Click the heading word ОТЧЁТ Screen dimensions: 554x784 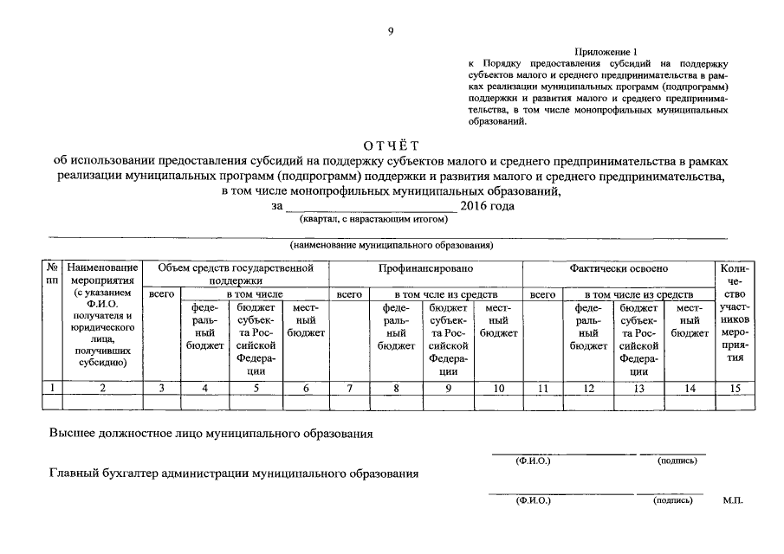[x=391, y=145]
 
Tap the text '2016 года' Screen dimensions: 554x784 [x=488, y=206]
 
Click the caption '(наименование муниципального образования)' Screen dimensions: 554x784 [x=392, y=246]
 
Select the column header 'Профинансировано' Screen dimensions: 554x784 [x=425, y=269]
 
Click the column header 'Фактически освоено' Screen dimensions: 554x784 [x=619, y=269]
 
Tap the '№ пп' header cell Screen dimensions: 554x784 [x=52, y=275]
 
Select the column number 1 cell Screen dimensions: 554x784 [x=52, y=389]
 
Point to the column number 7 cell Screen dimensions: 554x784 [x=348, y=389]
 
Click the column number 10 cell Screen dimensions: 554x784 [x=499, y=389]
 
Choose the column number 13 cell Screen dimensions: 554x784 [x=639, y=389]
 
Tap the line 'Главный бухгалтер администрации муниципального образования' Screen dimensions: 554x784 [x=234, y=473]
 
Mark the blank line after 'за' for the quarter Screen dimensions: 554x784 [x=370, y=208]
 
